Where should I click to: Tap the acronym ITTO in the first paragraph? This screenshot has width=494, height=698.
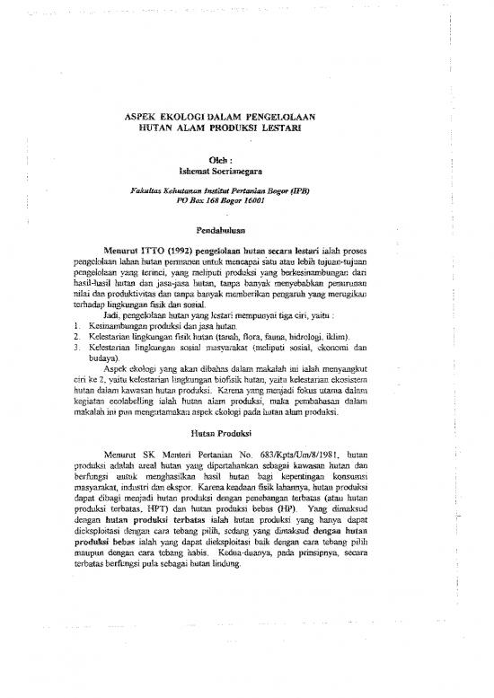click(x=170, y=256)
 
